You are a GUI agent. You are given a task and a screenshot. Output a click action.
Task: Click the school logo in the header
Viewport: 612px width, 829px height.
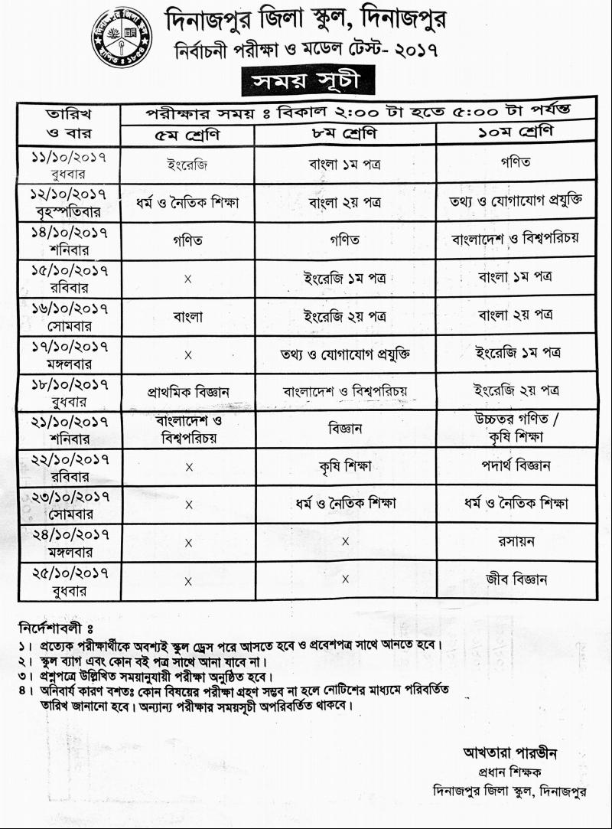[x=122, y=38]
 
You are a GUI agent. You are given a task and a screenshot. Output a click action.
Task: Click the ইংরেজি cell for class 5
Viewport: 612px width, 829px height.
[x=187, y=165]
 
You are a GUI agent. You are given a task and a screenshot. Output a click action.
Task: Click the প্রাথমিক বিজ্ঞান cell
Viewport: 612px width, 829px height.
[x=188, y=392]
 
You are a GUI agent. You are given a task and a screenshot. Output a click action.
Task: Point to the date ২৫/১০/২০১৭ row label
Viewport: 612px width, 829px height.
[x=69, y=580]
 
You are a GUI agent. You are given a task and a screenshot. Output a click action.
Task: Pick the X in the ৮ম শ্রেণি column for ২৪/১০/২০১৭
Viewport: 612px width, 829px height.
[x=345, y=542]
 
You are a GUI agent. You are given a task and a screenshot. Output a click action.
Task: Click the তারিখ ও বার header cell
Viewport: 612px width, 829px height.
[x=69, y=125]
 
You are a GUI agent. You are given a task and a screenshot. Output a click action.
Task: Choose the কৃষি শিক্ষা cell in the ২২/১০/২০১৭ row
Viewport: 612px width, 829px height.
[x=345, y=466]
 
